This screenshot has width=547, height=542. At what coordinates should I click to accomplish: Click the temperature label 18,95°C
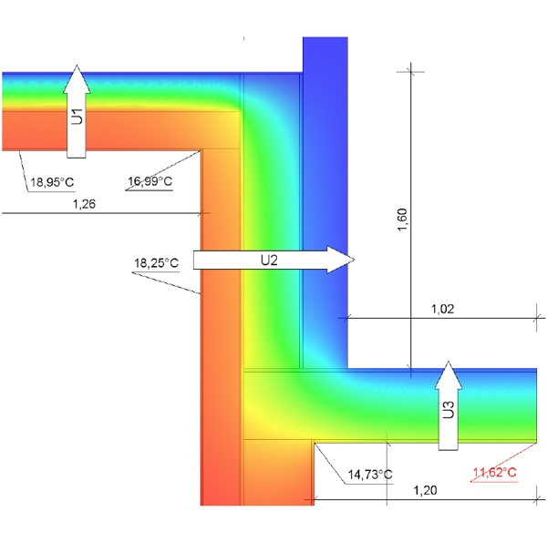coord(52,182)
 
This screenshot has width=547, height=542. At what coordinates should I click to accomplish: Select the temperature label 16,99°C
coord(150,181)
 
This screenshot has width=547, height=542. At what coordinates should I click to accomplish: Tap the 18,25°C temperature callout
coord(156,263)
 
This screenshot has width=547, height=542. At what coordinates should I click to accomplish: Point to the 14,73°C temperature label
coord(370,475)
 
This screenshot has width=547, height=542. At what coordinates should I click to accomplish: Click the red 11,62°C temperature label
coord(494,473)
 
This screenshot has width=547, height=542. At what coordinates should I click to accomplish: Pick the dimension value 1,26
coord(84,204)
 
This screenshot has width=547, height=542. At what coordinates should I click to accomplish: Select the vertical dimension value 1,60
coord(402,220)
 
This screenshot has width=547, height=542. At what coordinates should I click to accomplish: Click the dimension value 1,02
coord(443,309)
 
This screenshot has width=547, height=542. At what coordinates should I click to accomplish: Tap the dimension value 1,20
coord(425,490)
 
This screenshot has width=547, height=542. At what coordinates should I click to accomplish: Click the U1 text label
coord(77,117)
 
